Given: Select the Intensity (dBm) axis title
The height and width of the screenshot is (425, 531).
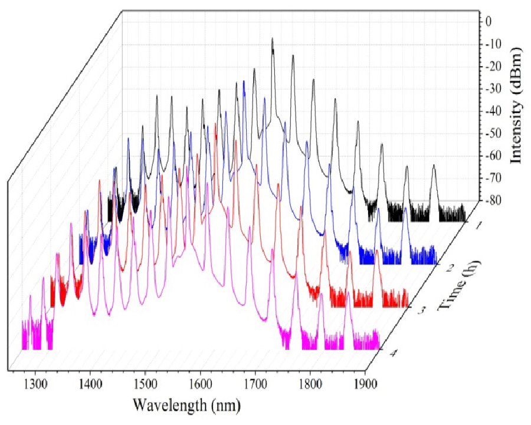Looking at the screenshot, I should coord(517,107).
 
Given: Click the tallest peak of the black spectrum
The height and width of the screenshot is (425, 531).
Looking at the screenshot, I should coord(273,39).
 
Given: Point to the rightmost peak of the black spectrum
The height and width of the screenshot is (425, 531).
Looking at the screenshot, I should coord(434,166).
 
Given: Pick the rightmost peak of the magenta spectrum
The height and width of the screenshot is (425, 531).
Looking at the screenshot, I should coord(348,292).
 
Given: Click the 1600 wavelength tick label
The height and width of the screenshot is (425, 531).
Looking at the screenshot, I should coord(200,386).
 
